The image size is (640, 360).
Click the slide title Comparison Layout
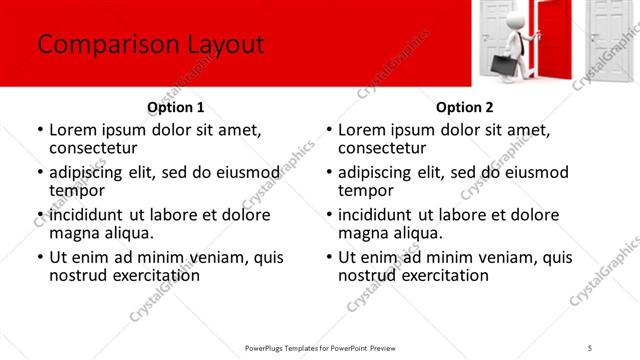pos(150,45)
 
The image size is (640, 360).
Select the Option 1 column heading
pos(176,107)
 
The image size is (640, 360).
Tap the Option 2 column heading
pos(465,107)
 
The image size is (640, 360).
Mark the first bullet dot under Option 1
pos(39,130)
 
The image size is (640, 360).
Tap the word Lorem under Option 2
pos(362,129)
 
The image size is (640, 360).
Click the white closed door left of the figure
pos(496,30)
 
